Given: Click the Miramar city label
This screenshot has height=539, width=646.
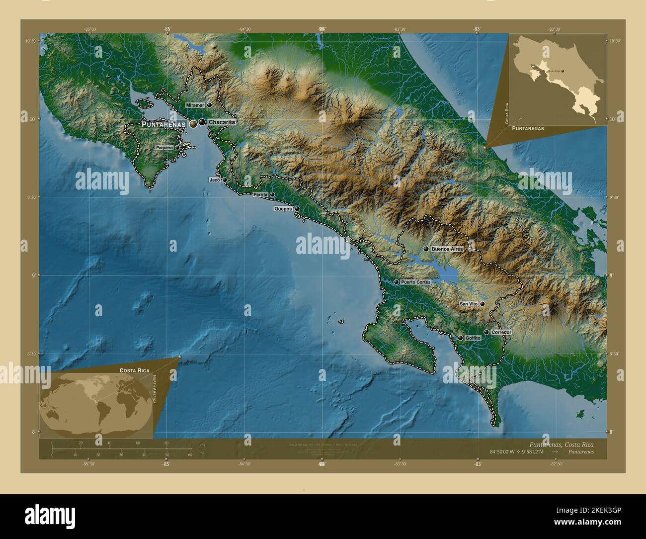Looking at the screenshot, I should tap(195, 105).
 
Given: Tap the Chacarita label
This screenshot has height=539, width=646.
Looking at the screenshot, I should tap(221, 122).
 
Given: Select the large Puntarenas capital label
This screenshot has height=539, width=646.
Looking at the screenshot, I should tap(163, 124).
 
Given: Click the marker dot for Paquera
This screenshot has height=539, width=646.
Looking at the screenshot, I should tap(177, 148).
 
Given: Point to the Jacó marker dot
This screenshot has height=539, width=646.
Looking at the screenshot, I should tap(225, 180).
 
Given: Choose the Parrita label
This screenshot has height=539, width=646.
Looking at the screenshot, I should tap(260, 194).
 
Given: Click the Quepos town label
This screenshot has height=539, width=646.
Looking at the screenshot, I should tap(283, 209).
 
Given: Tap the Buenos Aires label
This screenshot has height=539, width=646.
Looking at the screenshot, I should tap(447, 249).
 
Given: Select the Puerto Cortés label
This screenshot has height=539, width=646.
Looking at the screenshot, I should tap(416, 282).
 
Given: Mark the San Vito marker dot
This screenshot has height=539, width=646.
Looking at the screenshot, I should tap(482, 303).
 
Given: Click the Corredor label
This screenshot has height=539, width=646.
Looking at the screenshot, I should tap(501, 332).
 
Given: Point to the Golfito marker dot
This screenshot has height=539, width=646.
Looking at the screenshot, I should tap(461, 338).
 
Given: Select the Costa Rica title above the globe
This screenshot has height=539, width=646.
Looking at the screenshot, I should tap(134, 371).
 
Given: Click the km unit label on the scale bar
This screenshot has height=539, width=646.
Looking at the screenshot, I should tap(202, 445).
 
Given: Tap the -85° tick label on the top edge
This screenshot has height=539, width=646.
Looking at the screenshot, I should tap(167, 29).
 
